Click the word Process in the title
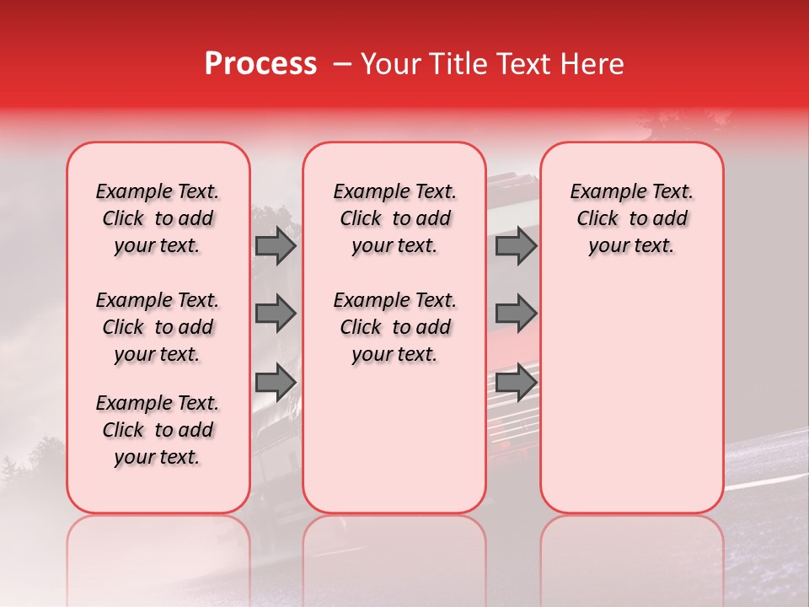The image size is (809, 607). [260, 64]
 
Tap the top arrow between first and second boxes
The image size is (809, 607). [276, 246]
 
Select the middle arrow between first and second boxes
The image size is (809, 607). [276, 314]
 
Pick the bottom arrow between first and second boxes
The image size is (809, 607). [276, 382]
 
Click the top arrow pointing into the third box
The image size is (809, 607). [516, 246]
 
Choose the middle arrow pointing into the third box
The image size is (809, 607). [516, 314]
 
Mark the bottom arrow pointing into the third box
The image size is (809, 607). [516, 382]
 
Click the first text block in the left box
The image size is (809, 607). [158, 218]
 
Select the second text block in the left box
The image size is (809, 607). [158, 327]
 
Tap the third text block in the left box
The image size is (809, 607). [158, 430]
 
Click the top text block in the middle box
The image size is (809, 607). [394, 218]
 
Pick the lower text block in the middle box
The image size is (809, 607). [394, 327]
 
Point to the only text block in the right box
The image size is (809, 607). [631, 218]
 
